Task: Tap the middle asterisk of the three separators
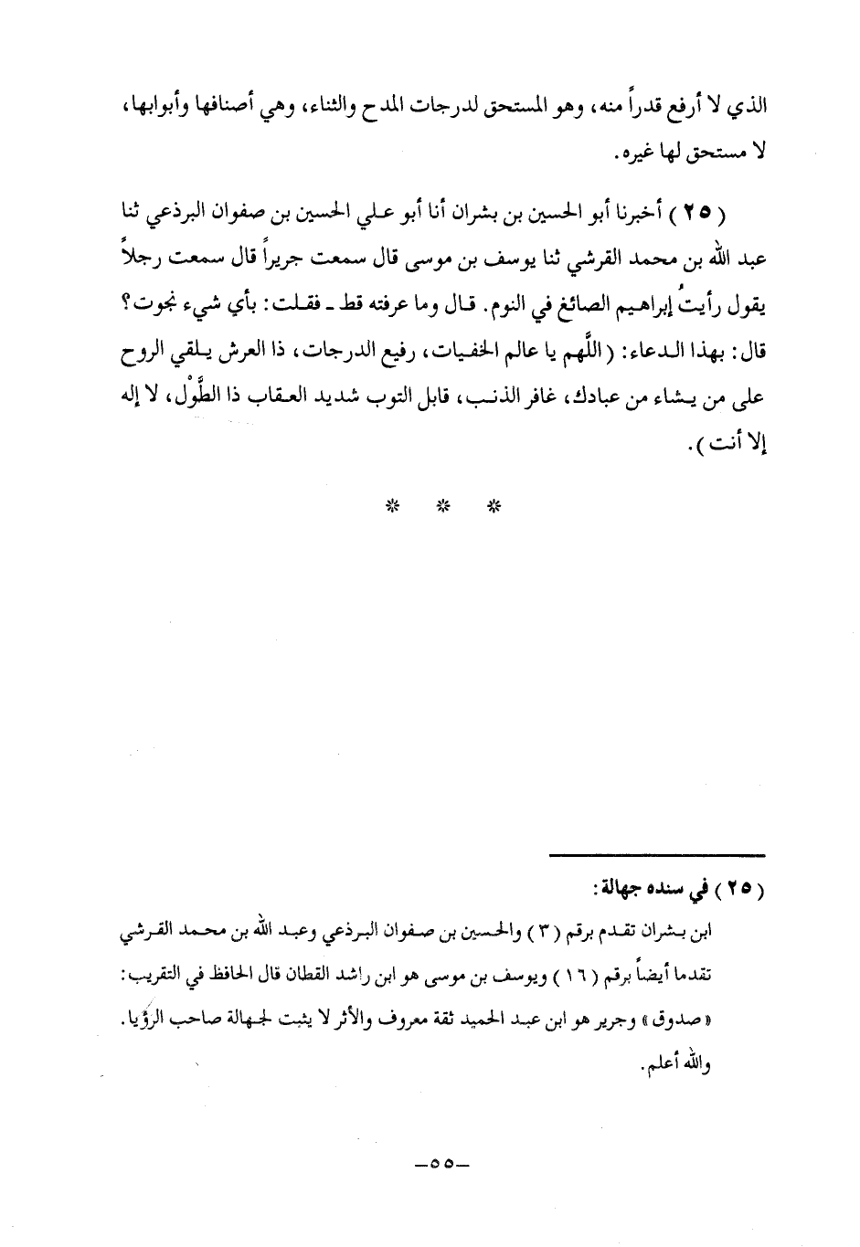click(443, 504)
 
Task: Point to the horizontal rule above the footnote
click(656, 854)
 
